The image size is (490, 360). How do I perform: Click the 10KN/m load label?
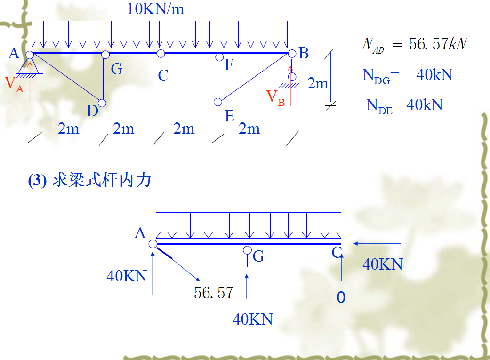[x=156, y=9]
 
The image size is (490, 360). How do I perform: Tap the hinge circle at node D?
[x=102, y=103]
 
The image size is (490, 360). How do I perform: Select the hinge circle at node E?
[x=217, y=102]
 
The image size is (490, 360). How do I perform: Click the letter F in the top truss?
[x=229, y=64]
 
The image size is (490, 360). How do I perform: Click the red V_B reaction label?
[x=276, y=97]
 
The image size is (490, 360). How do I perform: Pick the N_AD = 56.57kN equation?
[x=414, y=45]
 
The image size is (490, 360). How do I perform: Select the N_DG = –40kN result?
[x=407, y=75]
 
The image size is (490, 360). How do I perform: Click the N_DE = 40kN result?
[x=404, y=105]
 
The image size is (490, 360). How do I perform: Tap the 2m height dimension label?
[x=318, y=84]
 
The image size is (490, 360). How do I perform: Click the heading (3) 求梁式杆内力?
[x=89, y=181]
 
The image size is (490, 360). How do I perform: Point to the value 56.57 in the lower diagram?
[x=213, y=293]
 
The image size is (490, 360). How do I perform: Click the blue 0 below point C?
[x=341, y=297]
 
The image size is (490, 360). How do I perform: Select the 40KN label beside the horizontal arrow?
[x=382, y=264]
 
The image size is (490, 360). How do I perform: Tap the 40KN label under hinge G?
[x=253, y=320]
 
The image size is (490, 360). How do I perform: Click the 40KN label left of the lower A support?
[x=127, y=276]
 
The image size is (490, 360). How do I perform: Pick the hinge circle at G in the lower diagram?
[x=247, y=250]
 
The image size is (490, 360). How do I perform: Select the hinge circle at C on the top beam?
[x=161, y=54]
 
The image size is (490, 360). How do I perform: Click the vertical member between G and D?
[x=103, y=78]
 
